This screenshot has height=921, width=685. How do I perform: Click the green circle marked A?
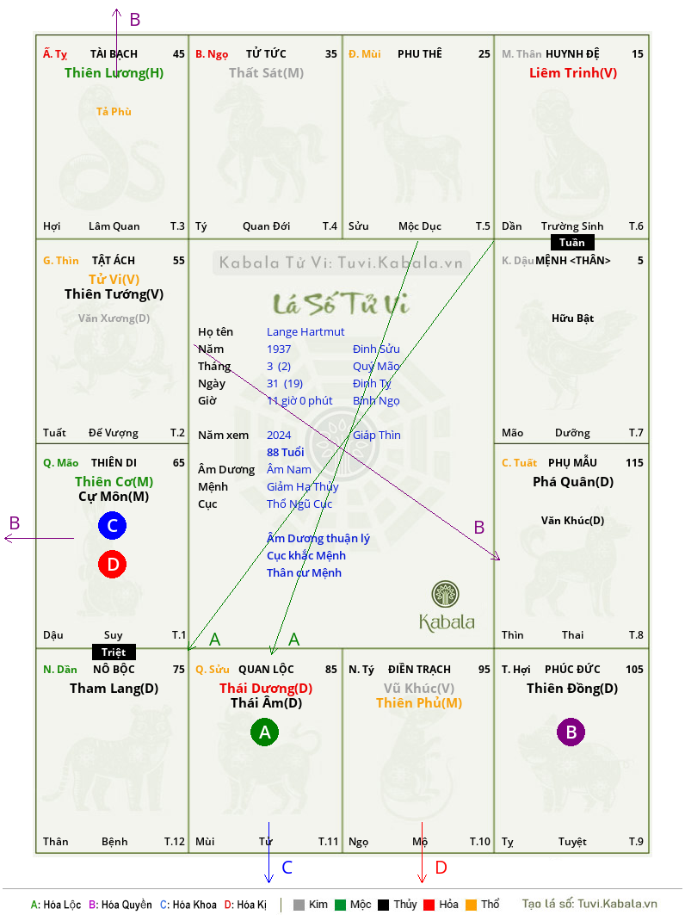264,732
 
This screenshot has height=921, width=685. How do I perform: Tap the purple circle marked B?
571,732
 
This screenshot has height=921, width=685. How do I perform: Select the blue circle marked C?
112,525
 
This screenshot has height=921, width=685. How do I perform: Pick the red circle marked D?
112,564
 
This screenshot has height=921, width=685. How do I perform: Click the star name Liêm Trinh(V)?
573,73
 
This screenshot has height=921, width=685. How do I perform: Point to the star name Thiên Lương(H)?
114,73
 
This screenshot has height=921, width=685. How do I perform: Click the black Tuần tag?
572,243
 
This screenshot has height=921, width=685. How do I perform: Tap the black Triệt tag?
114,652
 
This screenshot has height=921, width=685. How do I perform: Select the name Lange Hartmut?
305,332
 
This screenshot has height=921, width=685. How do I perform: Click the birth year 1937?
279,349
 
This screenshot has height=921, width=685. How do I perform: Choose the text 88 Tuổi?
286,452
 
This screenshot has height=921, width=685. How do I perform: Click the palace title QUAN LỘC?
266,669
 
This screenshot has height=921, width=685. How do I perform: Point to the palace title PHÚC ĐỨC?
572,669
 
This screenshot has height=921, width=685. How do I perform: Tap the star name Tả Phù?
114,112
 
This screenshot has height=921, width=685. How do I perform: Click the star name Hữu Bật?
573,318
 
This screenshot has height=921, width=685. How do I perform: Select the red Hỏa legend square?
429,905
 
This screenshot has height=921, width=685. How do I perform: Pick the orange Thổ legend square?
472,905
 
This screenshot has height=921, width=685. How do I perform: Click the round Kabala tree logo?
445,594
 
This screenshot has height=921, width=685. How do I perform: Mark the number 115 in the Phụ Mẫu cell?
634,463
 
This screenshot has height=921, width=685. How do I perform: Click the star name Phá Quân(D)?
573,482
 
